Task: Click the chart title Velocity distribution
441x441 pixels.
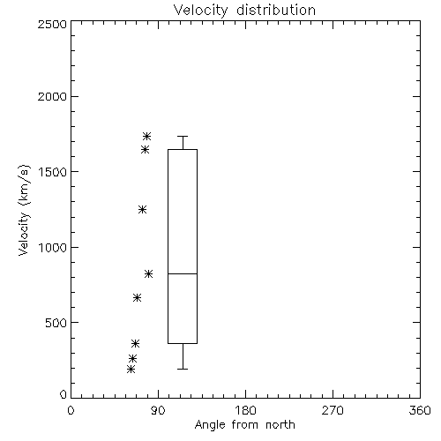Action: click(244, 10)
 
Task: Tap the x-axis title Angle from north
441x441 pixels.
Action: click(244, 425)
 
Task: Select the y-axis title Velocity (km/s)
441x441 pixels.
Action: click(24, 210)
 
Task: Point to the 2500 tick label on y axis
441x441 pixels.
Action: click(52, 24)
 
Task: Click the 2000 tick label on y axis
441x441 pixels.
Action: click(52, 96)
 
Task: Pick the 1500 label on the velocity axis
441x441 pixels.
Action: click(53, 172)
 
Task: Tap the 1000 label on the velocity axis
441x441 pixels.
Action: click(53, 248)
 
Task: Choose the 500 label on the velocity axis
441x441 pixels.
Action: click(56, 323)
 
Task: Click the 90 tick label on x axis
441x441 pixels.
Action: click(158, 410)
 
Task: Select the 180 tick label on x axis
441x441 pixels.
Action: click(245, 410)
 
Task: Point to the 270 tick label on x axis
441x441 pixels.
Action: click(333, 410)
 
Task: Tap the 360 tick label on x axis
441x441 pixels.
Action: click(420, 410)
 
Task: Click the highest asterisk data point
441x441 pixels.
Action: click(146, 136)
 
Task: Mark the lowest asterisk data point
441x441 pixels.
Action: click(131, 369)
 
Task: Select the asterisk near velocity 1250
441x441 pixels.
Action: click(142, 209)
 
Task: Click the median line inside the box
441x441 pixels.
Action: click(183, 273)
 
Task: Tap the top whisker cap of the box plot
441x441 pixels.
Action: click(183, 136)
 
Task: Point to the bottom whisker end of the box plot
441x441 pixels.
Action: click(183, 369)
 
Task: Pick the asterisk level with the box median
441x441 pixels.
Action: click(148, 273)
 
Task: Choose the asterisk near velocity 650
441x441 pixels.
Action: click(137, 297)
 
